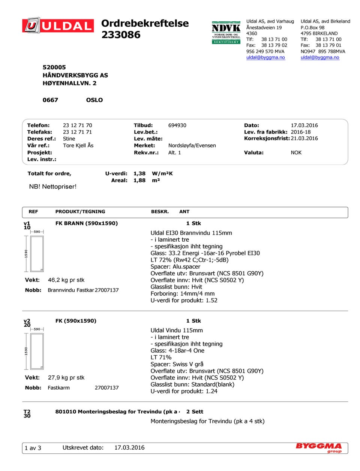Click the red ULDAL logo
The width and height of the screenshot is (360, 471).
(58, 26)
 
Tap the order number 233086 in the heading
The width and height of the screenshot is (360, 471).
(121, 35)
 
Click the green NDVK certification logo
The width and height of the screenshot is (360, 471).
(226, 33)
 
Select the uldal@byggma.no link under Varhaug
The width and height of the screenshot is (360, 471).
(265, 57)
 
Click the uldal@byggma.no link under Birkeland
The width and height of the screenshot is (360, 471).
(320, 57)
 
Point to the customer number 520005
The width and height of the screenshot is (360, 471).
(54, 67)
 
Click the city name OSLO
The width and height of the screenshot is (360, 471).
(94, 100)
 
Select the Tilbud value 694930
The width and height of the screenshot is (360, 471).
(177, 126)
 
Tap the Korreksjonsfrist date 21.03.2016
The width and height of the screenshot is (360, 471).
(304, 138)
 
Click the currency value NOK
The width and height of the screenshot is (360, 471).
(296, 153)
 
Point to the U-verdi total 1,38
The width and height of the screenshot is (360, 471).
(139, 173)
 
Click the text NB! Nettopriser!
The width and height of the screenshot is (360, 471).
(52, 187)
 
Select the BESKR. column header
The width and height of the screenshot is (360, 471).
(160, 212)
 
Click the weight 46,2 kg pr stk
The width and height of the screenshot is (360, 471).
(66, 280)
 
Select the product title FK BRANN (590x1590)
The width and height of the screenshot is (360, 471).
(87, 223)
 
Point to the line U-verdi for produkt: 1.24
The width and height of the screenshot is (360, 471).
(184, 391)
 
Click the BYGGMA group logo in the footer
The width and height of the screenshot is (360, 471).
(319, 447)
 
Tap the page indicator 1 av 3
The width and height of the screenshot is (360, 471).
(33, 448)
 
